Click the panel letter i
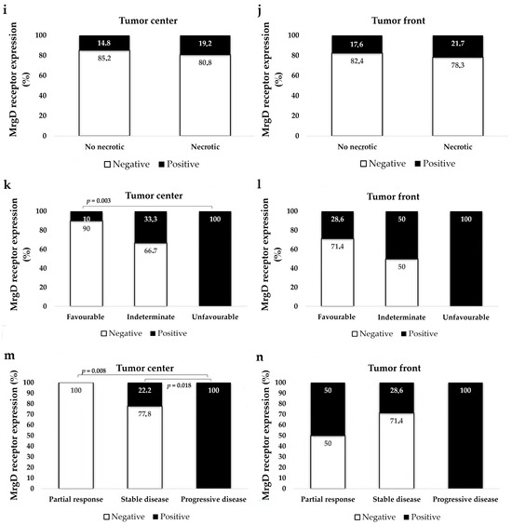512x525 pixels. click(x=7, y=8)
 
